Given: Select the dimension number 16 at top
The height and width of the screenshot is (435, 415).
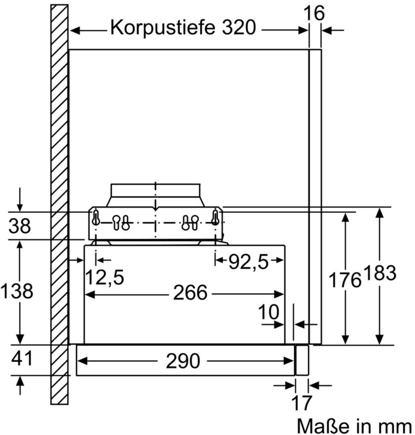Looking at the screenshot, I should [x=315, y=13].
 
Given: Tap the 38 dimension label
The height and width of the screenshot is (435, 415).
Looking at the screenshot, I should [x=19, y=226].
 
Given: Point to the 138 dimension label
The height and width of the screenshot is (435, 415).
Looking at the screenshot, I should [x=17, y=291].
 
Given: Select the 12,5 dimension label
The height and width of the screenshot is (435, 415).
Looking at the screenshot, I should [x=104, y=278].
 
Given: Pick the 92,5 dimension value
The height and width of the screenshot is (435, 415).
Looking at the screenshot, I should [x=248, y=262].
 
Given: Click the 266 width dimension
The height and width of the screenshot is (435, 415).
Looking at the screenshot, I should [x=189, y=293].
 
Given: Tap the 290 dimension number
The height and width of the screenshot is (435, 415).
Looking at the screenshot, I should [x=183, y=361].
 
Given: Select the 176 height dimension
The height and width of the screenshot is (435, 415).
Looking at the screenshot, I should [x=345, y=280].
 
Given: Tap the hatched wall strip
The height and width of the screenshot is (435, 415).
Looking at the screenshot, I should [x=59, y=198].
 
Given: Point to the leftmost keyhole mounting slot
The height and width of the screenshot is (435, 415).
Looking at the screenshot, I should [x=96, y=217].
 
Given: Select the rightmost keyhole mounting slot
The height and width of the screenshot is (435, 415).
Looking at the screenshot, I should [x=215, y=217].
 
